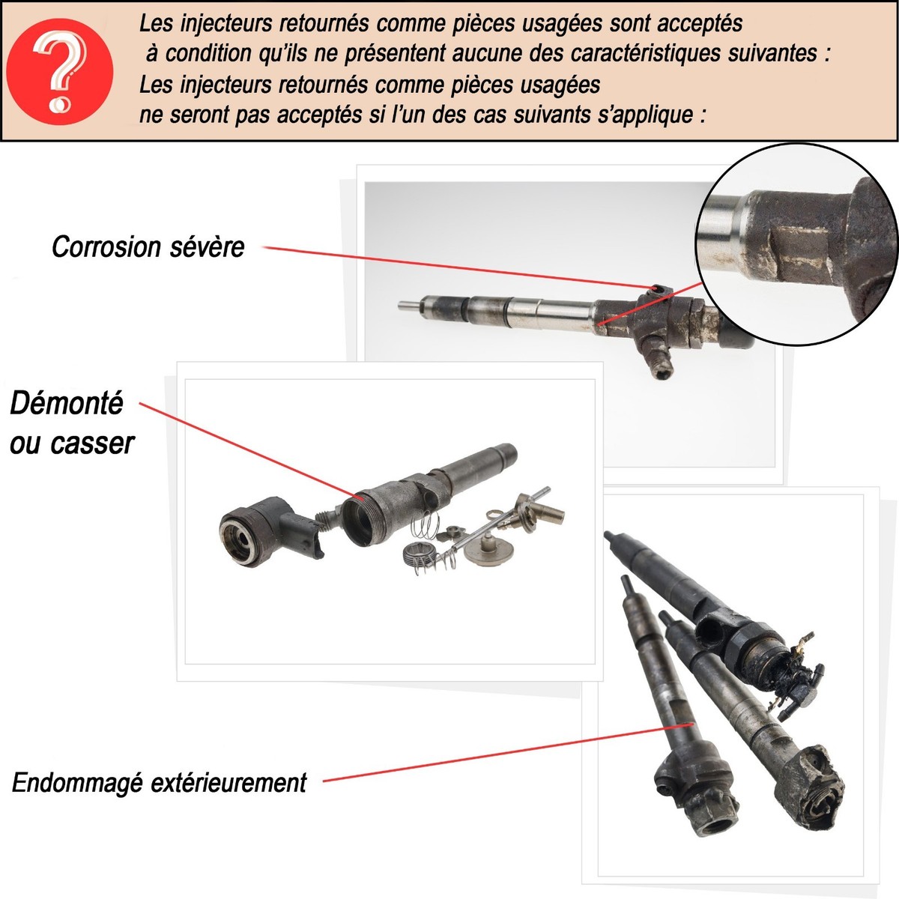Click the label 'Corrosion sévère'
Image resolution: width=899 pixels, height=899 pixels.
click(148, 246)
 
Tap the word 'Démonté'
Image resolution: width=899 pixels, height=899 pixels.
click(66, 404)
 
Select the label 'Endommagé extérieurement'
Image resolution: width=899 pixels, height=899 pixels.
click(159, 783)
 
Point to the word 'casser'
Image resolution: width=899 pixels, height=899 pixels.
click(92, 444)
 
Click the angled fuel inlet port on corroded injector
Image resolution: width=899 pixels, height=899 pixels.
click(656, 360)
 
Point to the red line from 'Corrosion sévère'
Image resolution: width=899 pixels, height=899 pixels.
click(449, 266)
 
